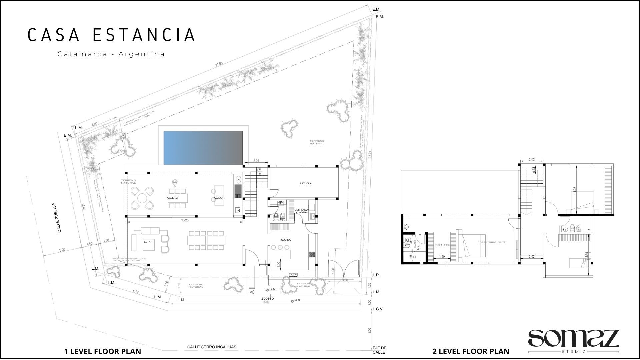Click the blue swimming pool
203,148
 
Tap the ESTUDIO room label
305,184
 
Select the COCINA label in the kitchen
286,240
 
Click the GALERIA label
172,198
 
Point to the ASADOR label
219,198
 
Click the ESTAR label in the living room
148,242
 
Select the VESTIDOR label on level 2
442,245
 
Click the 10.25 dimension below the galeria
185,220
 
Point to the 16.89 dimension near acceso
266,302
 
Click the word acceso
267,298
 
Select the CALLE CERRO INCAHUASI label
212,347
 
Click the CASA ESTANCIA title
111,35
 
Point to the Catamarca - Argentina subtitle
111,54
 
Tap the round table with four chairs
142,198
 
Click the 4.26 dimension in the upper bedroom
575,189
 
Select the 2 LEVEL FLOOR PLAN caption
471,351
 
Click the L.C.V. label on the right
378,309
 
